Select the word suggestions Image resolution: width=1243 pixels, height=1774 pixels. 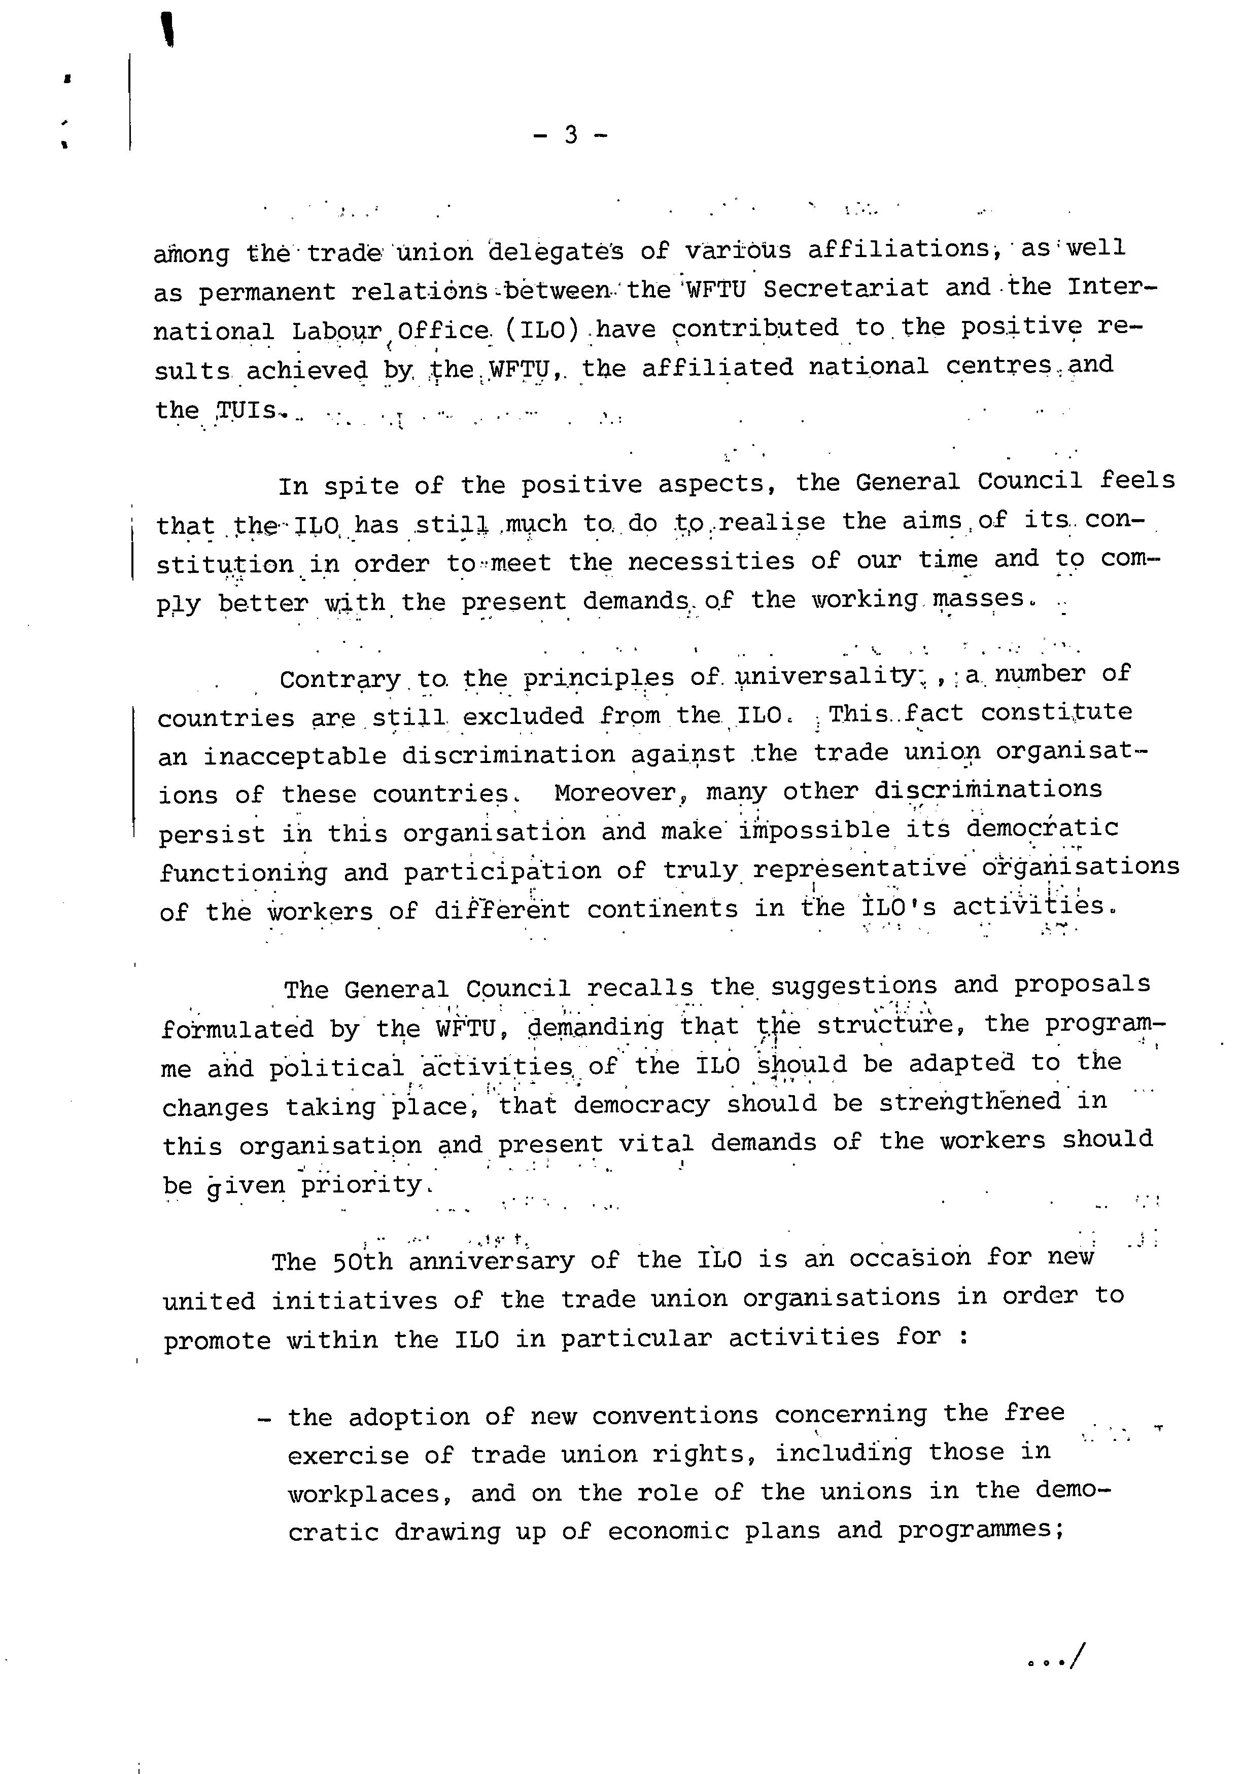point(854,987)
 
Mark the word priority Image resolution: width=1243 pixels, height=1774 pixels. point(362,1184)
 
